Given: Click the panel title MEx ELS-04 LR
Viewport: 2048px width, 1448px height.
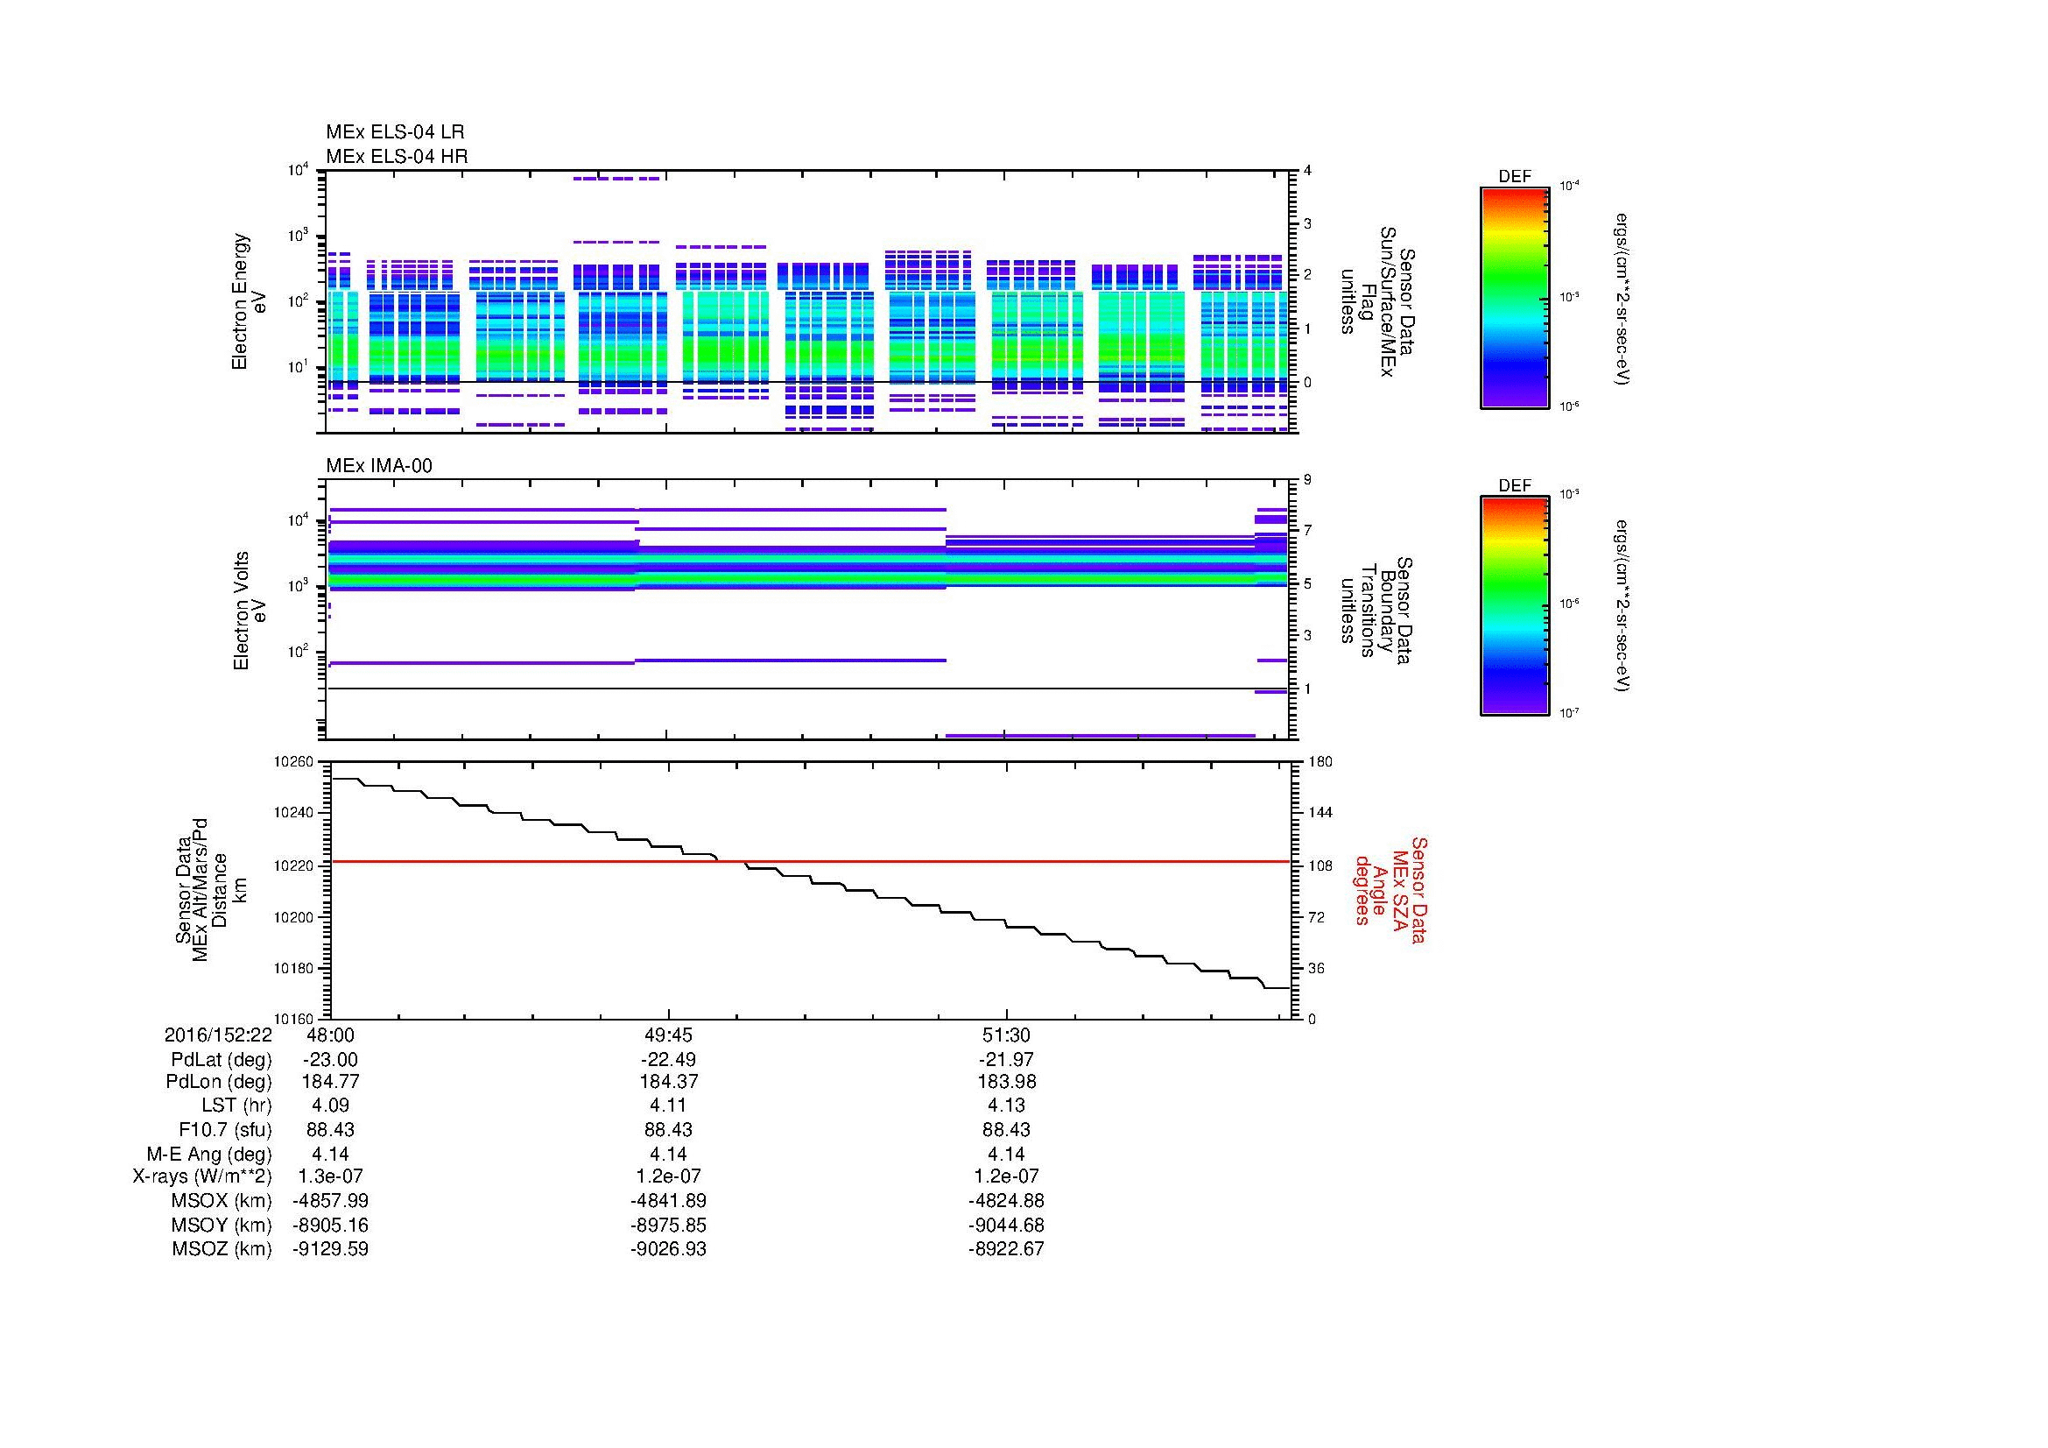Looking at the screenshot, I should point(394,132).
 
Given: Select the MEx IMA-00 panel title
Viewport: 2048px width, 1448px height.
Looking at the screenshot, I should point(379,466).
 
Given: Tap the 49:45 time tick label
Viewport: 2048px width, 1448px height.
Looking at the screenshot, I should point(668,1035).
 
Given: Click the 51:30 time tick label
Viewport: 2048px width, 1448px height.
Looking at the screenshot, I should point(1006,1035).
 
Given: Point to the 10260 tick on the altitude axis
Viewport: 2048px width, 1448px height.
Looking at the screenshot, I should point(293,762).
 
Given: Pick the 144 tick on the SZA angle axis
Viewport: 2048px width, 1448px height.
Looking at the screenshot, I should point(1320,813).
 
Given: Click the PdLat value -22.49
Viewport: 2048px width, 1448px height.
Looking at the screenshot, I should point(668,1059).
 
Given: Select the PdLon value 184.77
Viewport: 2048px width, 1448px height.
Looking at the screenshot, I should point(330,1082).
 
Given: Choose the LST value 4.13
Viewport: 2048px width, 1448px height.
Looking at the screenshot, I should point(1006,1105).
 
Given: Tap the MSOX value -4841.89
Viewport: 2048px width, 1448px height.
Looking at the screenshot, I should point(668,1201).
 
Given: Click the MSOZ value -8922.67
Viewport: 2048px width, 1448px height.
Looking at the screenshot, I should point(1006,1249).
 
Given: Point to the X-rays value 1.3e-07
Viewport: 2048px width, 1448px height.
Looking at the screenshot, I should point(330,1176).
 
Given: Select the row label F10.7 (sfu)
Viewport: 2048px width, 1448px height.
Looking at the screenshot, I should point(225,1129).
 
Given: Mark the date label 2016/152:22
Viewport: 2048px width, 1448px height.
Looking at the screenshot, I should point(218,1035).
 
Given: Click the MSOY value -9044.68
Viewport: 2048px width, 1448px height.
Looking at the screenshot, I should point(1006,1225).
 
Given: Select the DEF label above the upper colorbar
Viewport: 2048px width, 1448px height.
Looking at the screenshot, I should point(1514,177).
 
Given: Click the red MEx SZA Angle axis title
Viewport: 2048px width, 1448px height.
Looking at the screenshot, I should point(1390,889).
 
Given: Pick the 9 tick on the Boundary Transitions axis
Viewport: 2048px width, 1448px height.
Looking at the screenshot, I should point(1306,480).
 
